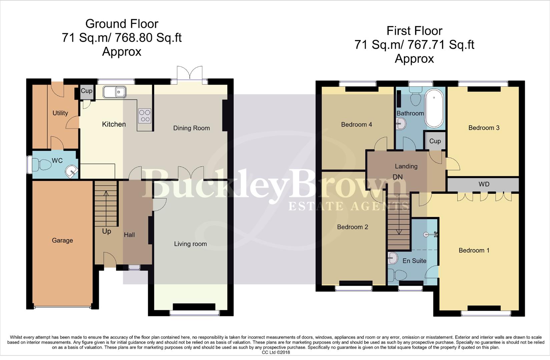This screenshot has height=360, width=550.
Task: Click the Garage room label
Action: pyautogui.click(x=62, y=240)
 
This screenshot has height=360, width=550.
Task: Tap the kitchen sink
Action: pyautogui.click(x=114, y=92)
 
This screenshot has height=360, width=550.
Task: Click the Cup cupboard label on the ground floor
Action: pyautogui.click(x=87, y=91)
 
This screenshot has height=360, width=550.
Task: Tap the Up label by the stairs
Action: pyautogui.click(x=106, y=231)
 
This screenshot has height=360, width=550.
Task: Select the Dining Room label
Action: pyautogui.click(x=191, y=128)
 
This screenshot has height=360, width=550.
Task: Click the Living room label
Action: pyautogui.click(x=190, y=244)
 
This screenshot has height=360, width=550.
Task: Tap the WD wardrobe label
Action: pyautogui.click(x=484, y=184)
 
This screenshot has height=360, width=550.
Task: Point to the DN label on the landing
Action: pyautogui.click(x=398, y=177)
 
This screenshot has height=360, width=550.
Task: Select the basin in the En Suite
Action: pyautogui.click(x=393, y=258)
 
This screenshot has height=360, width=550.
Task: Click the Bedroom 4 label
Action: pyautogui.click(x=356, y=125)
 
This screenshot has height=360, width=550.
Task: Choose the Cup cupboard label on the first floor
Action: pyautogui.click(x=435, y=141)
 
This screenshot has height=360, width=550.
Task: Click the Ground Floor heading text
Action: pyautogui.click(x=122, y=24)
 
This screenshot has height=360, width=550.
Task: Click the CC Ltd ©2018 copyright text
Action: pyautogui.click(x=276, y=352)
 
